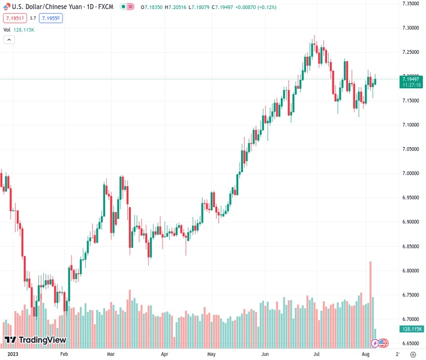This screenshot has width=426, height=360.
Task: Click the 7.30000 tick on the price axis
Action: point(410,28)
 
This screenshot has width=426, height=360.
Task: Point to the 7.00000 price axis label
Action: point(410,173)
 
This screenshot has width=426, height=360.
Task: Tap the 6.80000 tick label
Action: point(410,271)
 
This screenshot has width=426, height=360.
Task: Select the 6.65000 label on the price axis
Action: point(410,344)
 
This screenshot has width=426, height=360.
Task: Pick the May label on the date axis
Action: point(211,355)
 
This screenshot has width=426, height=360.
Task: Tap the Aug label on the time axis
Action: point(365,355)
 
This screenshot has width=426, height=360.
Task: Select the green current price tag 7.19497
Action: point(411,79)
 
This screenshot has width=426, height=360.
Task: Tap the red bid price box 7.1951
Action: point(13,18)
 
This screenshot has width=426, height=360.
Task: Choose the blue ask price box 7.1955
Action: point(51,18)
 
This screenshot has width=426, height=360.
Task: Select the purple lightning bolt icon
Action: point(376,343)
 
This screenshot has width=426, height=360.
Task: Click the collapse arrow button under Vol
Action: point(9,40)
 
